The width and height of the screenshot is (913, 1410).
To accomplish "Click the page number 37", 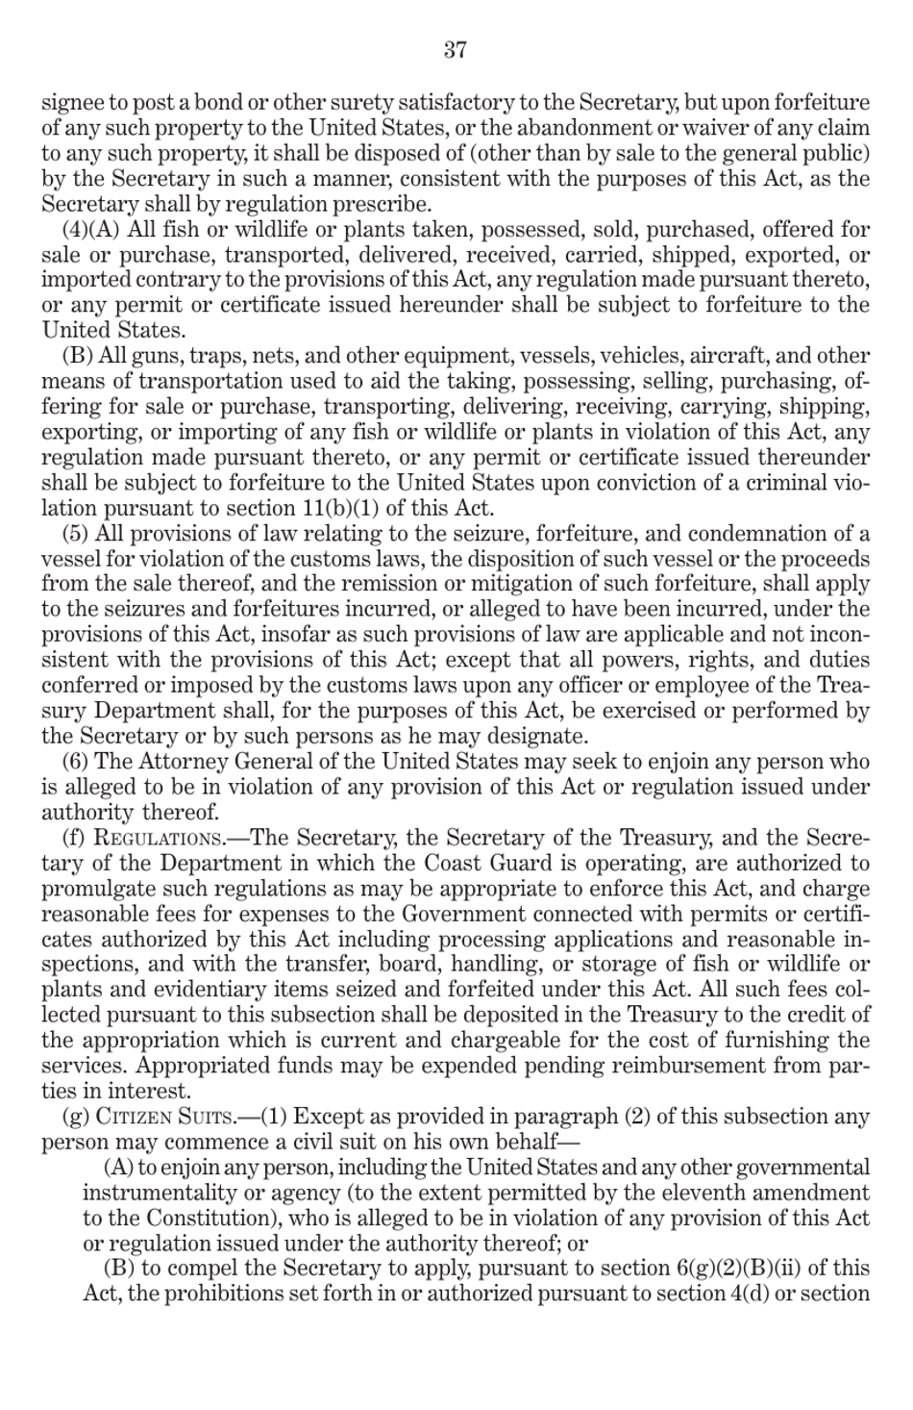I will (456, 50).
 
